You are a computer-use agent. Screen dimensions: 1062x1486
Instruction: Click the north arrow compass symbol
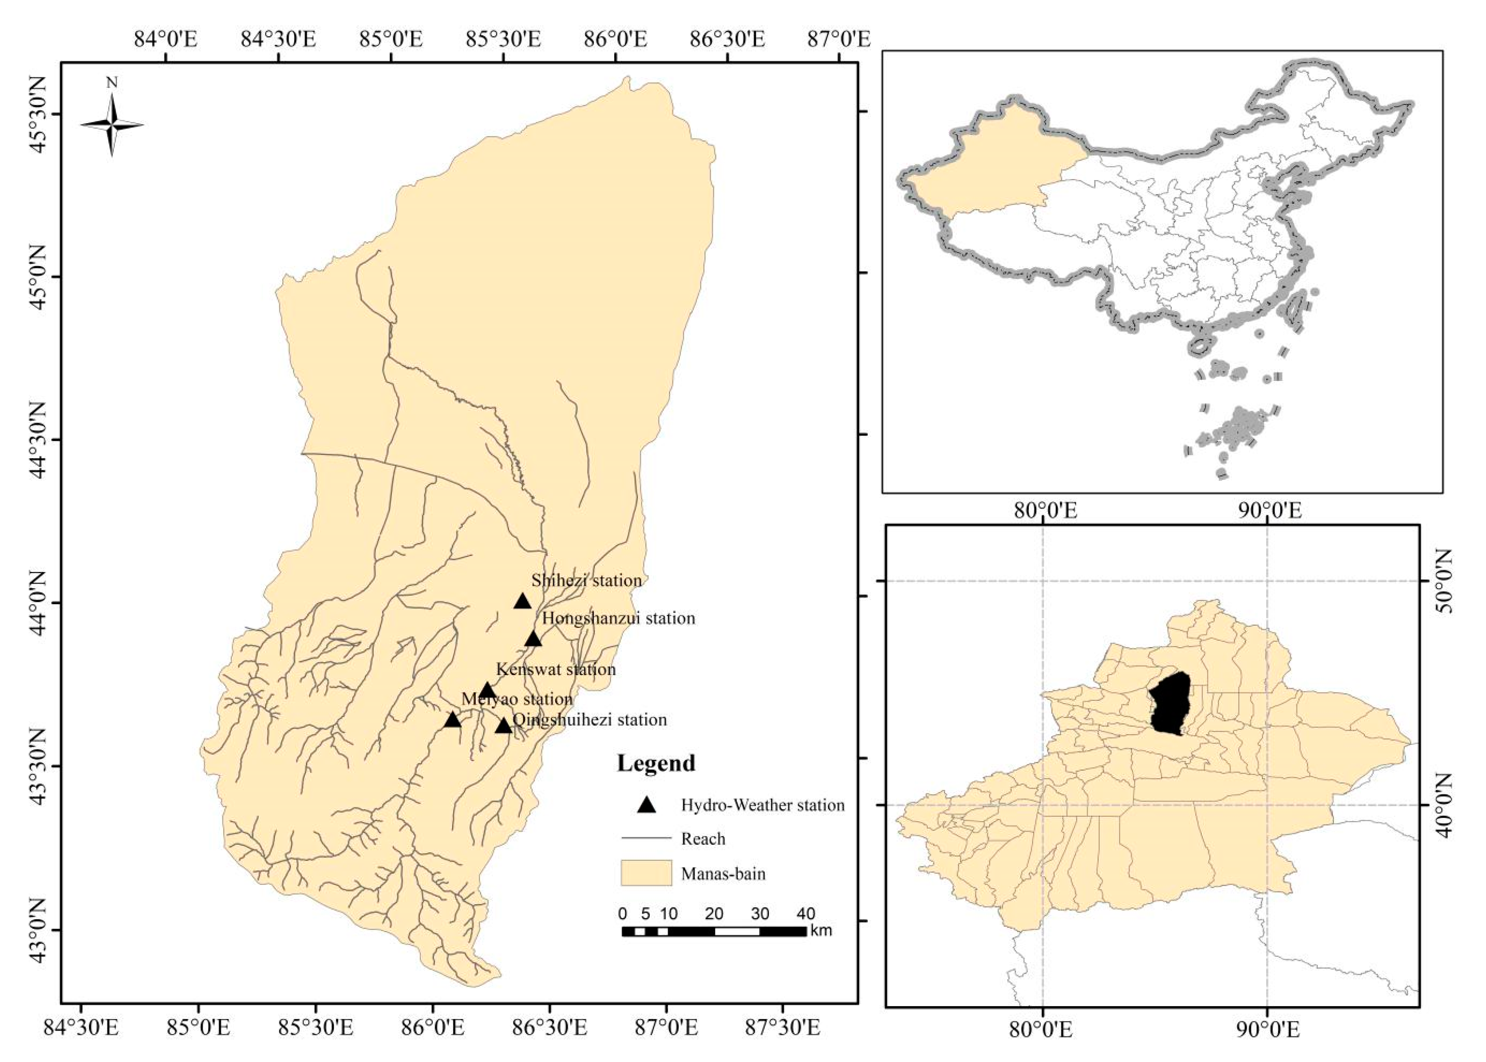(112, 124)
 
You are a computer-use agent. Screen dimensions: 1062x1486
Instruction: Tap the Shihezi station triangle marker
(522, 601)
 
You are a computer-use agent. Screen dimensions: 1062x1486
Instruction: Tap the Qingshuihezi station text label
(589, 720)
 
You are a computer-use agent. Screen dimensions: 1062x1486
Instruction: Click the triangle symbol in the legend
(647, 805)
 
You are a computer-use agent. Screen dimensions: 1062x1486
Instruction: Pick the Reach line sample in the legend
(646, 838)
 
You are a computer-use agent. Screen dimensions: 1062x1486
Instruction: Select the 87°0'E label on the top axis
(839, 40)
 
